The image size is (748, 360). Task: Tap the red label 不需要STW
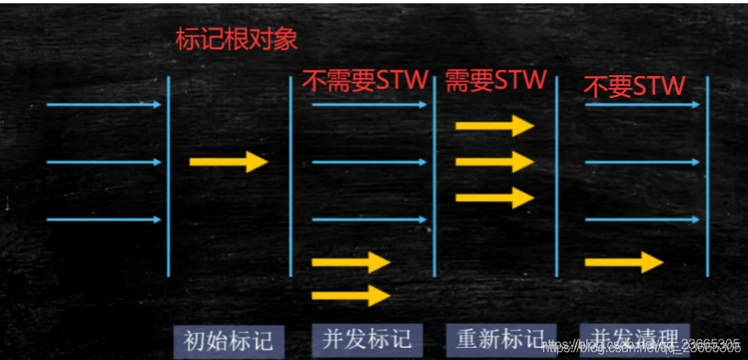click(365, 80)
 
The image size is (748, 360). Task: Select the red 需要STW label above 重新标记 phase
click(495, 80)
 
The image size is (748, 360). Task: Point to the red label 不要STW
click(634, 85)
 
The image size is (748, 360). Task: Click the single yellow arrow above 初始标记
click(229, 162)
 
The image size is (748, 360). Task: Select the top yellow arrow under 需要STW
click(495, 125)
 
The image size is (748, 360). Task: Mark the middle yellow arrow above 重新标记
click(495, 161)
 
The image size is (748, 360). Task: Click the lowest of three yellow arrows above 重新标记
click(495, 197)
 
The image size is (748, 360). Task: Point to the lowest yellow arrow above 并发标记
click(351, 295)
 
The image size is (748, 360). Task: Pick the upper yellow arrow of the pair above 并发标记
click(351, 262)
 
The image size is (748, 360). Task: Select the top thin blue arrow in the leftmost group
click(105, 104)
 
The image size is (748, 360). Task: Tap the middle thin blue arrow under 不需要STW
click(370, 162)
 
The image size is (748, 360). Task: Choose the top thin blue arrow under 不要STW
click(643, 104)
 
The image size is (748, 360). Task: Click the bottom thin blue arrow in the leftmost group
click(105, 220)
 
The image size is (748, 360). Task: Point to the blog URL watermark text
click(641, 346)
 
